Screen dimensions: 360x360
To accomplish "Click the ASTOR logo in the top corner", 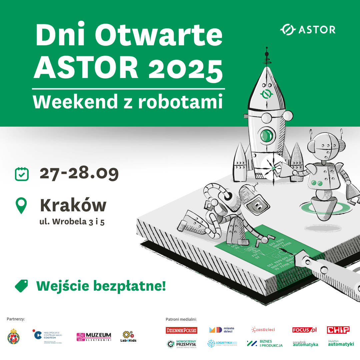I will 308,30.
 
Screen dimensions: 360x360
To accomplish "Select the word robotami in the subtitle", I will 180,102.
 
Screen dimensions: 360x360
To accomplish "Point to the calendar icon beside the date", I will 22,174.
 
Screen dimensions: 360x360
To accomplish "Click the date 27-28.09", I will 79,173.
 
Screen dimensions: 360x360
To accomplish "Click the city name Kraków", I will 73,205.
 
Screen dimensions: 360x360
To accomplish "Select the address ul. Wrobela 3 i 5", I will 72,221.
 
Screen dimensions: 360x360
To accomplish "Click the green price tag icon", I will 22,286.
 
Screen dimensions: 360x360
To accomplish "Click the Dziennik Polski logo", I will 181,330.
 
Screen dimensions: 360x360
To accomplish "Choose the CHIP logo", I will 338,330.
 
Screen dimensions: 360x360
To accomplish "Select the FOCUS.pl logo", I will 304,330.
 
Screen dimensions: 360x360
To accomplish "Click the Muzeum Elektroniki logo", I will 94,337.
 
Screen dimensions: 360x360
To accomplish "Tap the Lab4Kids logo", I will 128,337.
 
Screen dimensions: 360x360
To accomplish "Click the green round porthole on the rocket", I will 266,135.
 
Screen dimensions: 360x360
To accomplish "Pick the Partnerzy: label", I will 16,319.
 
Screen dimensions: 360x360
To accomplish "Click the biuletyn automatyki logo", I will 341,343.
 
